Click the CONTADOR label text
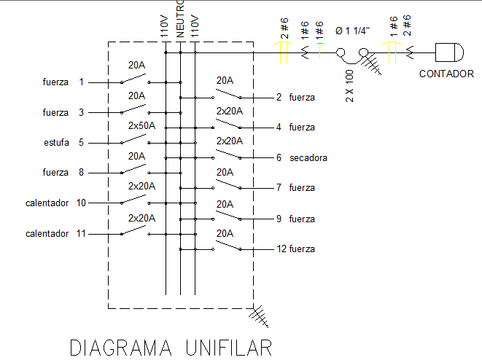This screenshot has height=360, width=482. click(x=446, y=74)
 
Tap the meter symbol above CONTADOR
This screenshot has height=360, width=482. click(x=449, y=52)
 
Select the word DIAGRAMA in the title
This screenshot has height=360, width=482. click(x=121, y=348)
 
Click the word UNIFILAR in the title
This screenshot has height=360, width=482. click(x=229, y=348)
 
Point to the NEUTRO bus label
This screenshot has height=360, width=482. click(x=180, y=19)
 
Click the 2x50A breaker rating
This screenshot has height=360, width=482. click(x=141, y=125)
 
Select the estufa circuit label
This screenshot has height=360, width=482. click(x=56, y=143)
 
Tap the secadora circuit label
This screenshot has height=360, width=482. click(x=308, y=158)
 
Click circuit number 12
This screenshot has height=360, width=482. click(x=281, y=249)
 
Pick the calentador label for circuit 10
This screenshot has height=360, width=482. click(x=47, y=203)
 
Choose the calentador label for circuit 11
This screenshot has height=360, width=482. click(x=47, y=234)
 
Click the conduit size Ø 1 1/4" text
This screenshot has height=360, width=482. click(x=353, y=31)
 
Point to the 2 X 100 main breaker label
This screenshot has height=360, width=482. click(x=349, y=86)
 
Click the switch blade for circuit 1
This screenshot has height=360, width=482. click(x=133, y=78)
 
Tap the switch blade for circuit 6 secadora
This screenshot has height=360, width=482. click(x=228, y=154)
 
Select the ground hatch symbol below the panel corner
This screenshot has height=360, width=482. click(x=259, y=316)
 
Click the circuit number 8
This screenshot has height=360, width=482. click(x=81, y=172)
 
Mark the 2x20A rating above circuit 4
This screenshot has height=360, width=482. click(x=230, y=111)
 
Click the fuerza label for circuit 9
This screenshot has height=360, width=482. click(x=302, y=219)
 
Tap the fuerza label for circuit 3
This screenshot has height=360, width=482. click(x=55, y=113)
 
